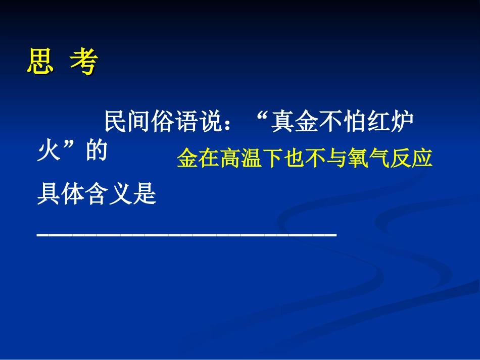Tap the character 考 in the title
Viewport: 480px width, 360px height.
point(83,63)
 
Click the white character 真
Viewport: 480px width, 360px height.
point(284,123)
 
